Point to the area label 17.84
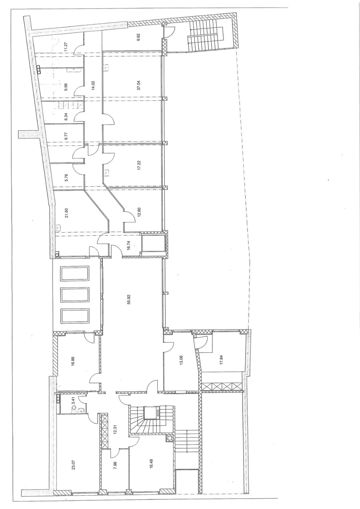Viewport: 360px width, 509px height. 221,360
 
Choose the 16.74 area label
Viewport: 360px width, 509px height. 128,245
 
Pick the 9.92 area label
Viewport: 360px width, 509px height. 139,37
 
